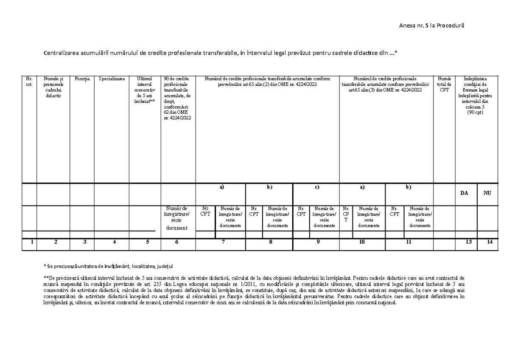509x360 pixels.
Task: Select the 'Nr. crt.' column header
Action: pos(29,81)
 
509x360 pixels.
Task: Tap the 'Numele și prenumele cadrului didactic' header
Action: pos(53,87)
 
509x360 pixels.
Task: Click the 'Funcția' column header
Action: pos(82,79)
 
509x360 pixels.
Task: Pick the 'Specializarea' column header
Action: pos(112,79)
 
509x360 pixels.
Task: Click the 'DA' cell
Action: pos(465,193)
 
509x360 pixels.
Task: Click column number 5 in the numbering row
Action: pos(146,242)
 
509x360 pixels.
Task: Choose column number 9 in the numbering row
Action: pos(318,242)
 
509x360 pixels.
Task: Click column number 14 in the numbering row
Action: pos(490,242)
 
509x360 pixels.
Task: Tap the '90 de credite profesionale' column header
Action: pos(177,98)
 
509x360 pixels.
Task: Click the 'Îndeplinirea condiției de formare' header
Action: pos(475,96)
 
